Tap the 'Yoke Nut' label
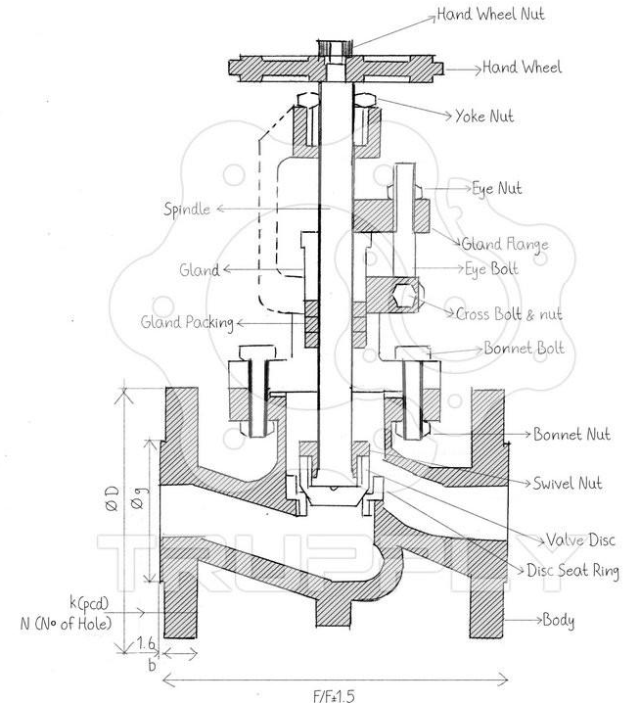tap(484, 117)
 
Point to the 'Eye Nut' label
tap(496, 187)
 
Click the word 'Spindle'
tap(186, 210)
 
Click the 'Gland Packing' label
tap(186, 321)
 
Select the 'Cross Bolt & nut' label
tap(508, 314)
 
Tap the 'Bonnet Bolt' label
tap(524, 349)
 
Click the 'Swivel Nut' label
tap(568, 483)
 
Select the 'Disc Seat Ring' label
tap(572, 572)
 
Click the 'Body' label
tap(559, 621)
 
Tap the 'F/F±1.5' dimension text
tap(333, 695)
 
